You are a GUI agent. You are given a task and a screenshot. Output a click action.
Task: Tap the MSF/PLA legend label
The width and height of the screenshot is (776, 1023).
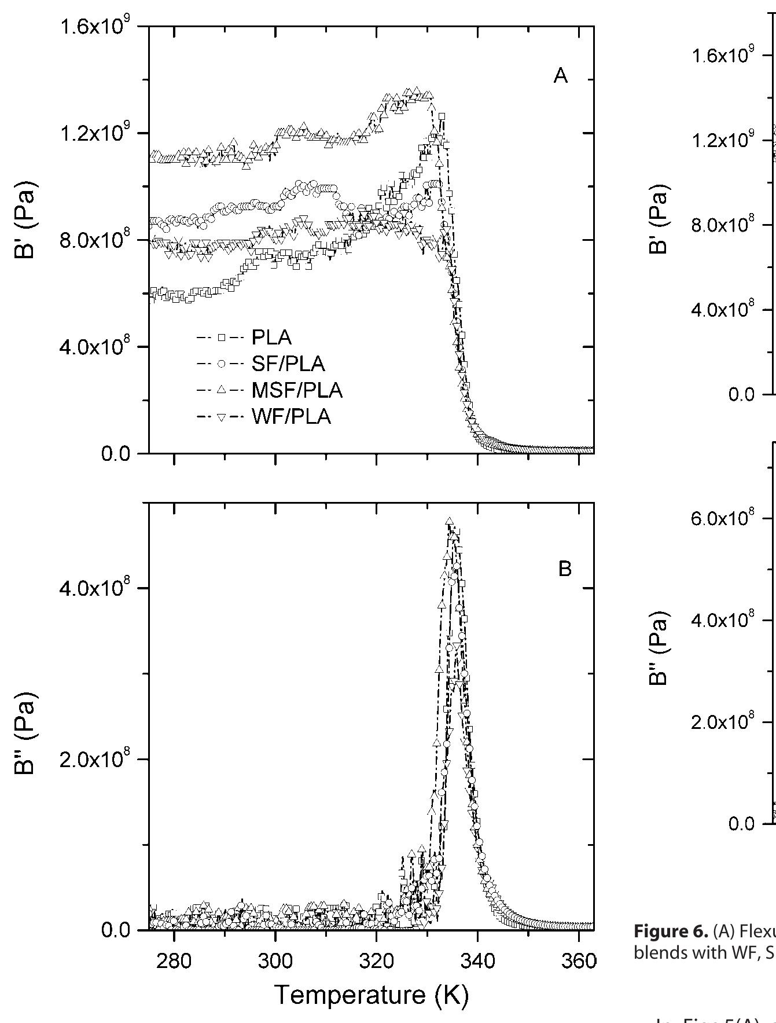point(297,391)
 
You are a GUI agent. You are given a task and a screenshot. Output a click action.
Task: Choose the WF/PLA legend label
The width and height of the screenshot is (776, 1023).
point(291,417)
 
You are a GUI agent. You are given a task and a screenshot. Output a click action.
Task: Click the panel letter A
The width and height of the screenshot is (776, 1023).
point(560,76)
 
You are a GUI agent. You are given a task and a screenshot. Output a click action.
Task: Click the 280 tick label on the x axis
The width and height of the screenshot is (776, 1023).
point(174,962)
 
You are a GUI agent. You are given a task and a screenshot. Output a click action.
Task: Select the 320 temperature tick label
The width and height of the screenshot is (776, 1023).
point(376,962)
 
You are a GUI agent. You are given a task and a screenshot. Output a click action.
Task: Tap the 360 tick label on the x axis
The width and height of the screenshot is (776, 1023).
point(578,962)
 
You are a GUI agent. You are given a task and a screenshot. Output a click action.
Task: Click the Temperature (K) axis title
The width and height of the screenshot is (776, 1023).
point(371,995)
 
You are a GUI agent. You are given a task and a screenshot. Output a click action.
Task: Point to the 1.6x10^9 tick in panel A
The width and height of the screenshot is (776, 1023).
point(98,28)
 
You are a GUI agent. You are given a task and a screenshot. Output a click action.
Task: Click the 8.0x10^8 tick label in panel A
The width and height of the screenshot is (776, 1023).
point(98,240)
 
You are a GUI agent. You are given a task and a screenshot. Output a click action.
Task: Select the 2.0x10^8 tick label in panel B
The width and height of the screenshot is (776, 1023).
point(98,760)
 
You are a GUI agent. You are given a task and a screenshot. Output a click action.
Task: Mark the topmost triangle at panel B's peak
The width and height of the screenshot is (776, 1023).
point(450,522)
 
